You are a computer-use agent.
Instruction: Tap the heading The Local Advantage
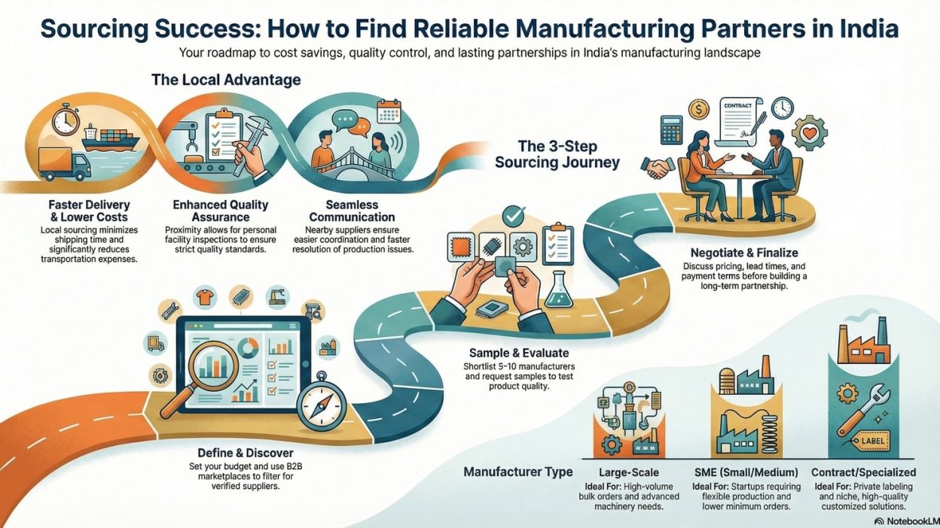pyautogui.click(x=225, y=79)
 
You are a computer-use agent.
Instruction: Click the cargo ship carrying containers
pyautogui.click(x=113, y=141)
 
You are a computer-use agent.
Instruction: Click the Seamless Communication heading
pyautogui.click(x=352, y=211)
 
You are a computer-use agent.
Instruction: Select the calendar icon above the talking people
pyautogui.click(x=389, y=112)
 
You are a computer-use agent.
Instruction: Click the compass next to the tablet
pyautogui.click(x=321, y=407)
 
